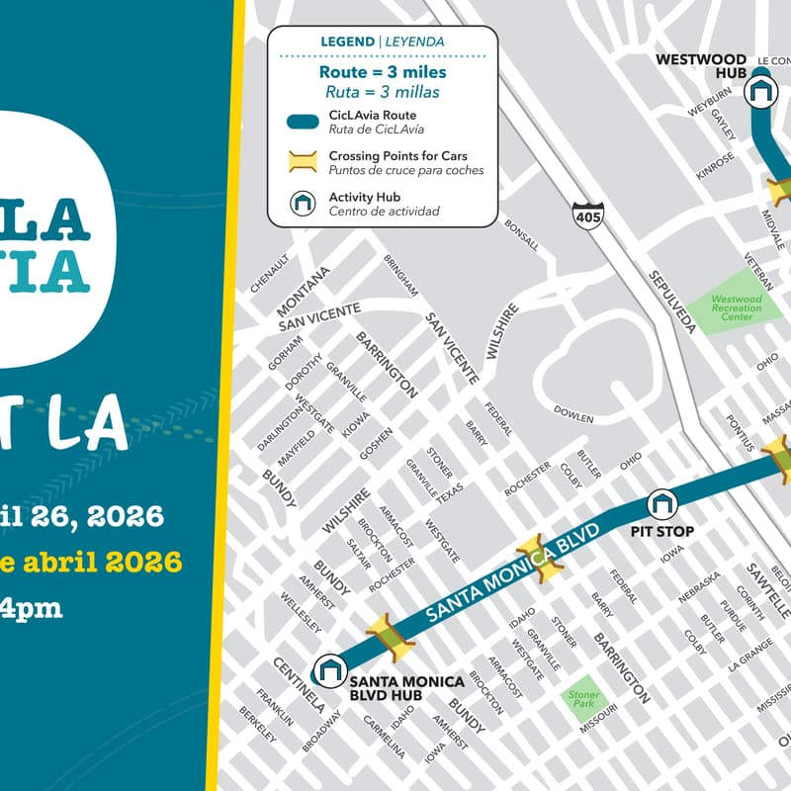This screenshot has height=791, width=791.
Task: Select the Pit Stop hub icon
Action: click(x=661, y=504)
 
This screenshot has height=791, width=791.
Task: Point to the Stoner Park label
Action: click(x=583, y=698)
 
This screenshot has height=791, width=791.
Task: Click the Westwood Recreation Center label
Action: click(x=737, y=308)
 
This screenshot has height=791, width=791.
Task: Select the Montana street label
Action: click(x=303, y=291)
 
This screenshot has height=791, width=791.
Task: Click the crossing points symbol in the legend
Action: click(x=302, y=162)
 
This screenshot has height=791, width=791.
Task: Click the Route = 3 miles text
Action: click(x=382, y=72)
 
